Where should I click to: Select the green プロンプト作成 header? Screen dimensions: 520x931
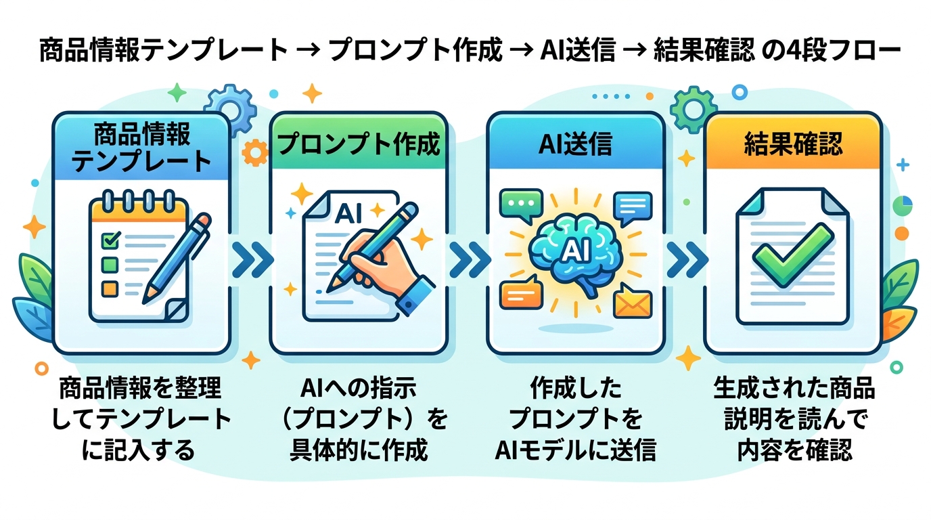pos(359,144)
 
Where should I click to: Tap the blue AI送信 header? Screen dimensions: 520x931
pos(575,144)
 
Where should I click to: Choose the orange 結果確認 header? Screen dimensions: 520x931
pos(793,144)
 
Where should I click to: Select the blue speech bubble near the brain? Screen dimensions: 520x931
pos(633,205)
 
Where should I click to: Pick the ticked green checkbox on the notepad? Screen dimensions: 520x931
pos(110,239)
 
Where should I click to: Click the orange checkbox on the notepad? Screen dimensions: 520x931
pos(109,287)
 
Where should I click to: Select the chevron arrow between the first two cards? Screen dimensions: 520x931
pos(249,258)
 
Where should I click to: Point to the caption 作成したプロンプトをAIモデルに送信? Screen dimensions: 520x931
pos(575,420)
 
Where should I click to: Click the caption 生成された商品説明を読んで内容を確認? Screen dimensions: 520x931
pos(794,420)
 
